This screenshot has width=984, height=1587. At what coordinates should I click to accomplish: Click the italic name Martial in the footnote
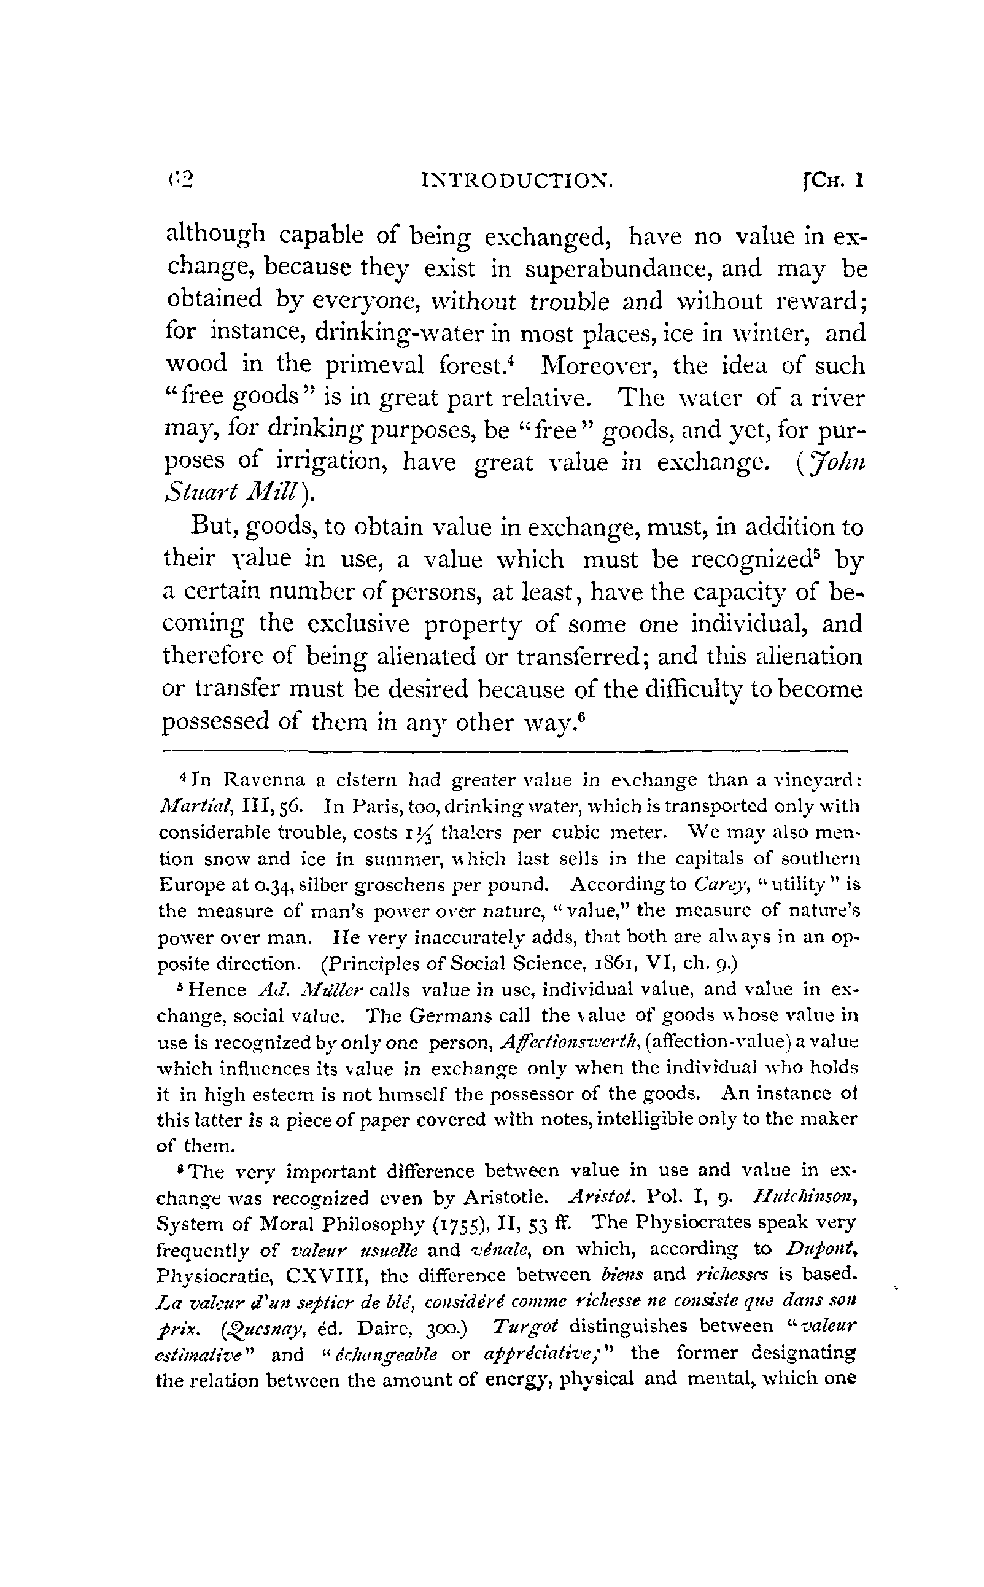click(190, 806)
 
